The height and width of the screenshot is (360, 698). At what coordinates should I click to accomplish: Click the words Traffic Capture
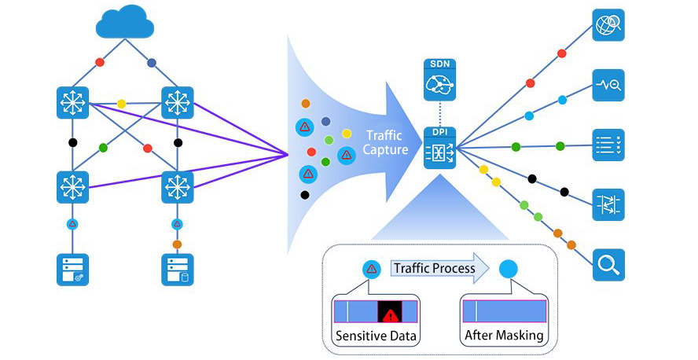(x=385, y=142)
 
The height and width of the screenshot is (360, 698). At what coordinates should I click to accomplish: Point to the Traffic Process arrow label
(x=435, y=268)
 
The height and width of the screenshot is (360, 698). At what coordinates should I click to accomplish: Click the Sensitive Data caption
(x=376, y=336)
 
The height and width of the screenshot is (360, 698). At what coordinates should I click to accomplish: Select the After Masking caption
(x=504, y=336)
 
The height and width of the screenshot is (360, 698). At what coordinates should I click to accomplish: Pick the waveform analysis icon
(x=608, y=84)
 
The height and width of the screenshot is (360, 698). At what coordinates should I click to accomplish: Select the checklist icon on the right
(x=608, y=145)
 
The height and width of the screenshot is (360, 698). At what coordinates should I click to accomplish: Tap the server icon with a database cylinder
(x=177, y=269)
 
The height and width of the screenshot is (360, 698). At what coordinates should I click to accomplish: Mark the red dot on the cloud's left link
(x=100, y=61)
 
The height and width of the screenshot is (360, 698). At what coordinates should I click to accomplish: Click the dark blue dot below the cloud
(x=152, y=62)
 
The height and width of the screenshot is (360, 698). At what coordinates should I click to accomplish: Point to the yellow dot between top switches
(x=121, y=103)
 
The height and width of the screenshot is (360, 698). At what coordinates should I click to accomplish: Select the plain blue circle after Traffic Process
(x=508, y=269)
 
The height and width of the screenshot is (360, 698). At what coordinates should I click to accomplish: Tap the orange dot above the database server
(x=177, y=244)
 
